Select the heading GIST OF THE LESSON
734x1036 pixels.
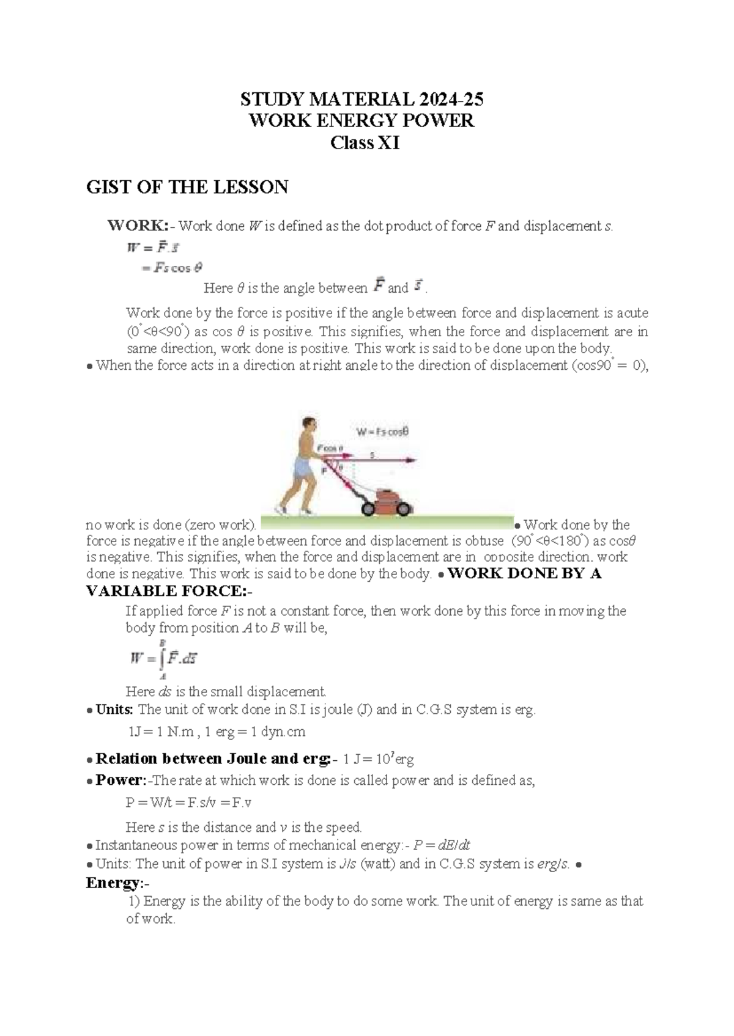[187, 187]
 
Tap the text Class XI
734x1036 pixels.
[365, 143]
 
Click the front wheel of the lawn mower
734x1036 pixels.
[403, 510]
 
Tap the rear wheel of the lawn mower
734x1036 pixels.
[368, 509]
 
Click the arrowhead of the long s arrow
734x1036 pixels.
[412, 460]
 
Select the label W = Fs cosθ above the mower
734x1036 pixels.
[383, 433]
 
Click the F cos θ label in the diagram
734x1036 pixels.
[330, 448]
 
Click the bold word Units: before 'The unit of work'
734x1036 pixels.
[114, 710]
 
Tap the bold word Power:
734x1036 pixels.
[121, 781]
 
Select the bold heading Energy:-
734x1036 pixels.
[118, 883]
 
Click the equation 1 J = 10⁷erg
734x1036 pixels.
[378, 759]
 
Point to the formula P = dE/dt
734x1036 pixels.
[442, 845]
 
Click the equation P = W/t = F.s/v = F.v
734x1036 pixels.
[189, 803]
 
